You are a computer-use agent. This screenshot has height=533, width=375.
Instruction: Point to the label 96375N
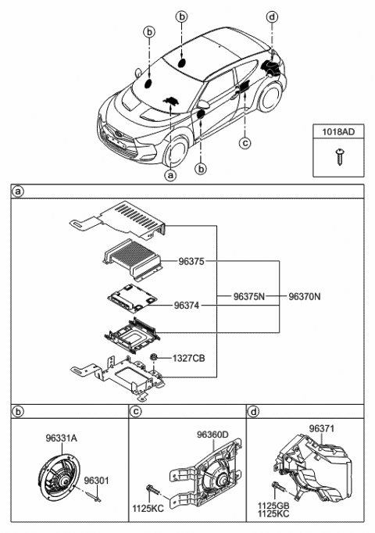click(x=249, y=297)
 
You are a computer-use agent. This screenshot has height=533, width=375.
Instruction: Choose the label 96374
click(x=187, y=306)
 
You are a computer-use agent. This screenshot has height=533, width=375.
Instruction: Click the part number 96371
click(x=322, y=428)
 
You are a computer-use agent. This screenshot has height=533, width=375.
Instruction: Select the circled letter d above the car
click(x=271, y=16)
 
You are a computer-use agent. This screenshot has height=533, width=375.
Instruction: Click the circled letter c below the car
click(x=245, y=142)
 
